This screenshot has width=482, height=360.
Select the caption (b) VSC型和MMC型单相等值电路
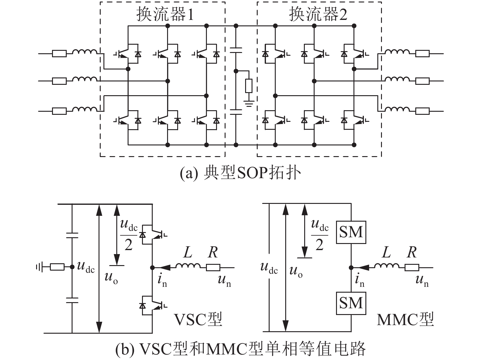[241, 349]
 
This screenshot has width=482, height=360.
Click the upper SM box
[351, 232]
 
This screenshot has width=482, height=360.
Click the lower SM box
[351, 303]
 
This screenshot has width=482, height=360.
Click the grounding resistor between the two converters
[249, 86]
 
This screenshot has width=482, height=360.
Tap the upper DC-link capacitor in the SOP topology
[236, 50]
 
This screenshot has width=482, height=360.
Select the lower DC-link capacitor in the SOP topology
[236, 112]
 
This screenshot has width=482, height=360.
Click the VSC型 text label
[198, 320]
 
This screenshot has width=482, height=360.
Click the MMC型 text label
[405, 320]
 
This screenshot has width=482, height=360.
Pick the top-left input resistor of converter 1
[59, 53]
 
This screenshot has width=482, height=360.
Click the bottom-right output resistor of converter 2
[422, 111]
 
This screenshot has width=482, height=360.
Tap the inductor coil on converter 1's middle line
[85, 79]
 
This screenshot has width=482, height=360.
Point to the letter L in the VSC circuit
[188, 252]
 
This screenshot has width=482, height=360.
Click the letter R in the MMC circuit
[412, 252]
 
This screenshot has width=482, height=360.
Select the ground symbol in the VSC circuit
[39, 267]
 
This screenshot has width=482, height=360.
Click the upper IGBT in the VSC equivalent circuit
[153, 234]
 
